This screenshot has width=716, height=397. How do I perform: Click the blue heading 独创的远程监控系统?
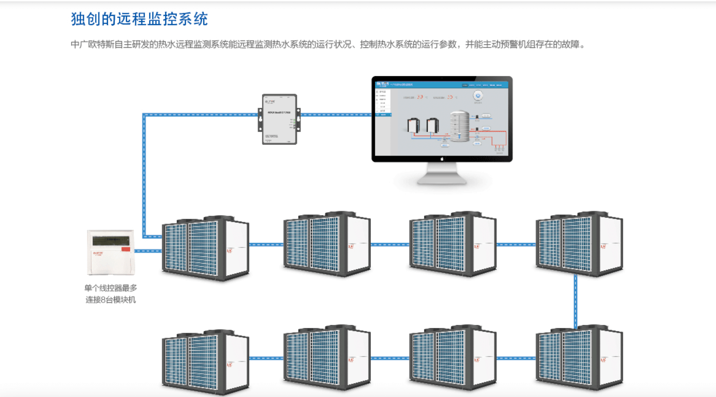click(x=139, y=19)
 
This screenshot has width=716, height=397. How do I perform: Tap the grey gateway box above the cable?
click(x=279, y=119)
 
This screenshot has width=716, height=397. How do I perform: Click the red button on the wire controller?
click(x=126, y=249)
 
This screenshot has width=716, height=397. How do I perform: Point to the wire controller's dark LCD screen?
click(x=111, y=240)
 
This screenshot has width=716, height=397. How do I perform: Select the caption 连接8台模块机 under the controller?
click(x=111, y=300)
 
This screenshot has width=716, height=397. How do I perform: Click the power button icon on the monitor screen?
click(x=478, y=96)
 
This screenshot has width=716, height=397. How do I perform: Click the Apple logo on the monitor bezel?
click(x=442, y=159)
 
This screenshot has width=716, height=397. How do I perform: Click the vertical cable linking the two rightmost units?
click(x=576, y=301)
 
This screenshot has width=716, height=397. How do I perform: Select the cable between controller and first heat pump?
click(x=148, y=251)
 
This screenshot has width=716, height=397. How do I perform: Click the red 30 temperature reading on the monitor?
click(x=420, y=97)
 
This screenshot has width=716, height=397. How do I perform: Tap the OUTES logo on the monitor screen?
click(x=382, y=84)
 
